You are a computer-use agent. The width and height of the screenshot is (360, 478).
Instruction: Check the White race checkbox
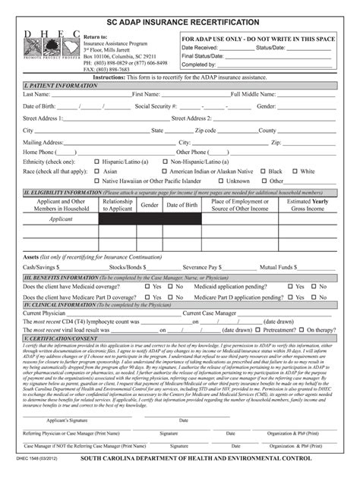(x=294, y=171)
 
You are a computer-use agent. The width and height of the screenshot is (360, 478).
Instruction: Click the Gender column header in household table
(x=150, y=205)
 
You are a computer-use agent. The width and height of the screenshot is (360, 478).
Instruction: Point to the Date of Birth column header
(x=182, y=205)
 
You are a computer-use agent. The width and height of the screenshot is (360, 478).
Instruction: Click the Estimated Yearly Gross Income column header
(x=308, y=205)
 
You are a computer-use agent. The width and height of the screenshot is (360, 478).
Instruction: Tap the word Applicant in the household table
(x=61, y=219)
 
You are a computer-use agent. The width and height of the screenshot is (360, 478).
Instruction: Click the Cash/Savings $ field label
(x=40, y=268)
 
